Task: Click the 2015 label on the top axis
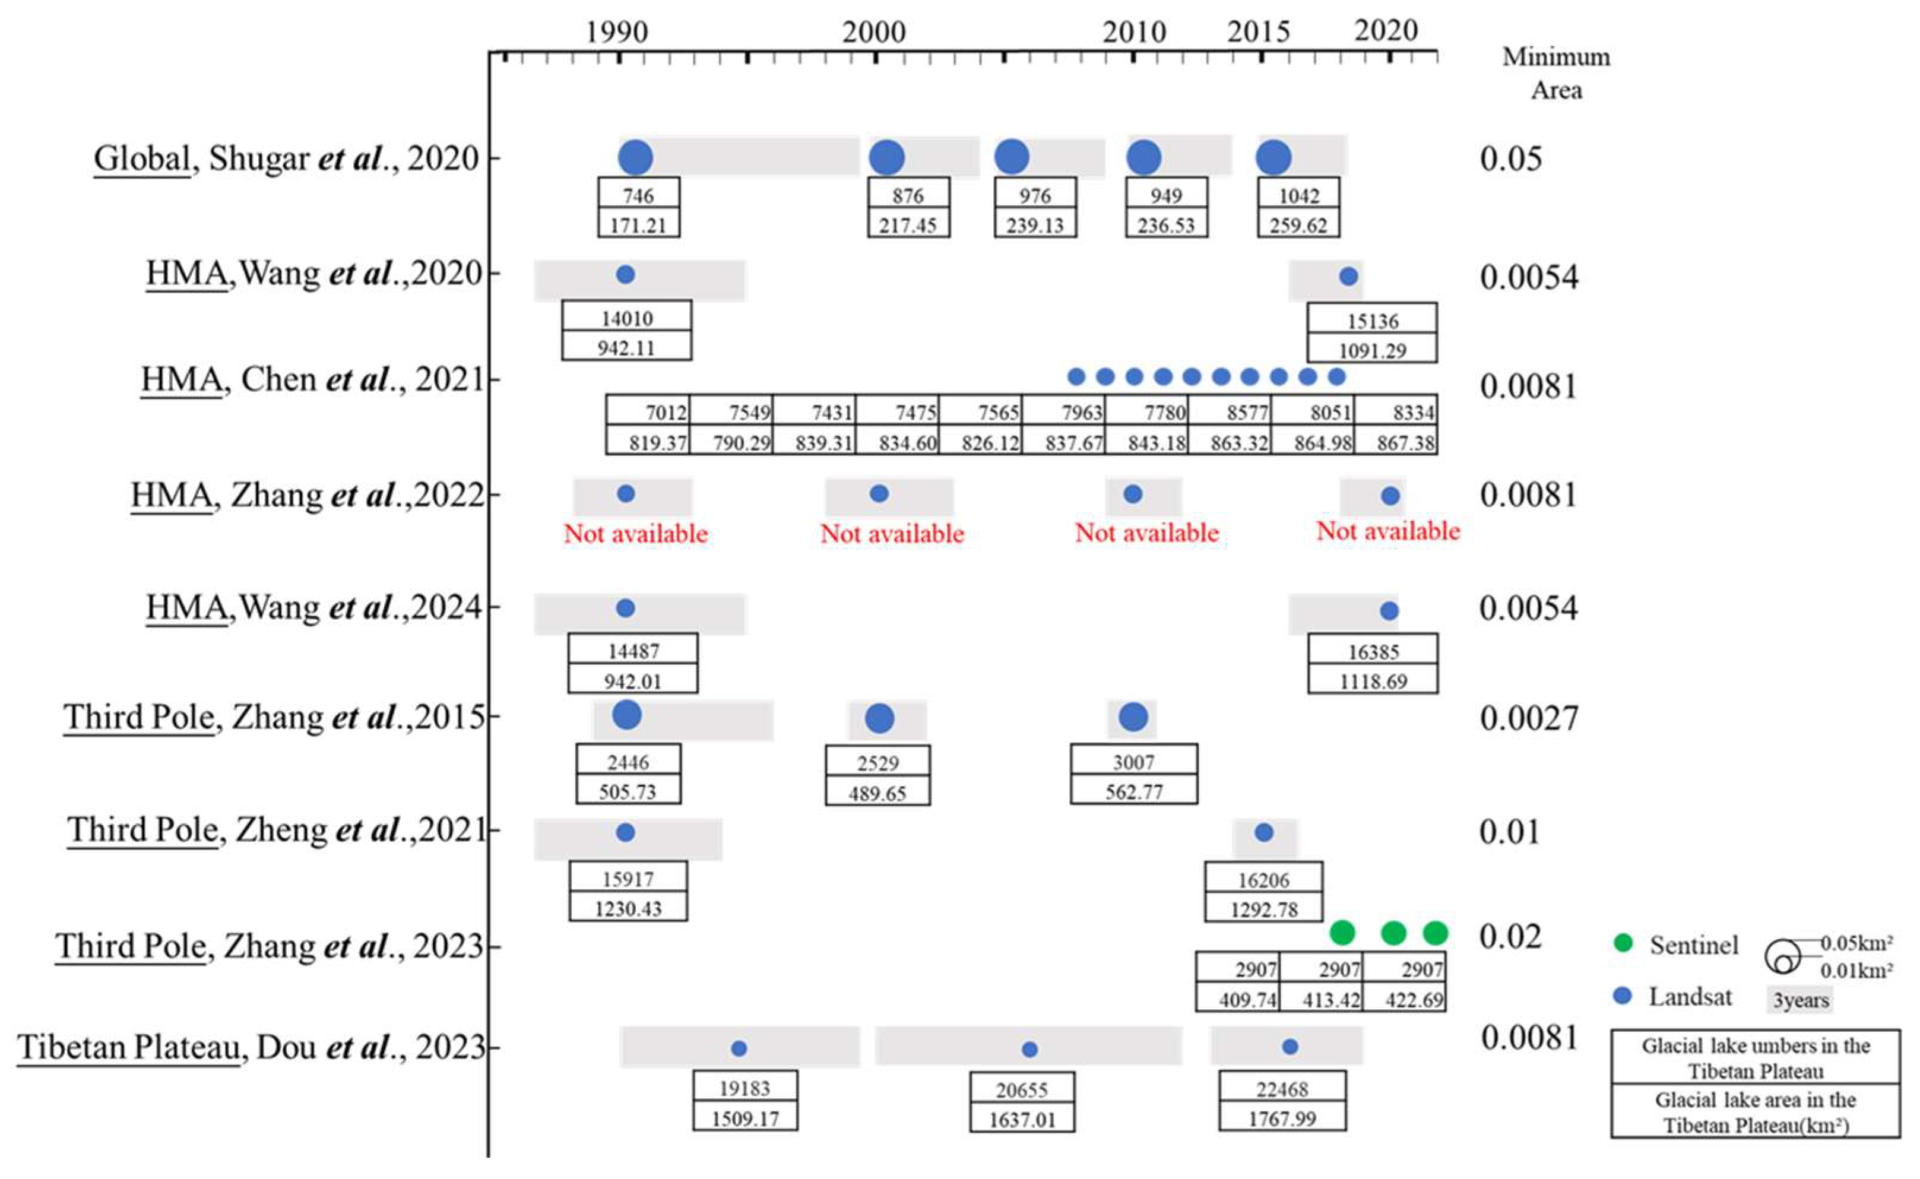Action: pos(1258,32)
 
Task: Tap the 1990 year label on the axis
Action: pos(616,32)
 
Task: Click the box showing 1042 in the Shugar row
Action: pos(1298,195)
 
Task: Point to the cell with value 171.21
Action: pos(638,224)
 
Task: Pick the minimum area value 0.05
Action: pos(1510,159)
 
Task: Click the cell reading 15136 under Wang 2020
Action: pos(1372,320)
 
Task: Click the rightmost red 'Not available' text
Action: pos(1387,531)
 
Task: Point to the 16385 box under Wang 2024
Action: pos(1373,651)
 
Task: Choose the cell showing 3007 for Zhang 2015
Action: pos(1133,761)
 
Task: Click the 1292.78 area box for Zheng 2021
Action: pos(1263,909)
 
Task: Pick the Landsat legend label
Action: pos(1689,997)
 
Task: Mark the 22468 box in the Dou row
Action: pos(1282,1089)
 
